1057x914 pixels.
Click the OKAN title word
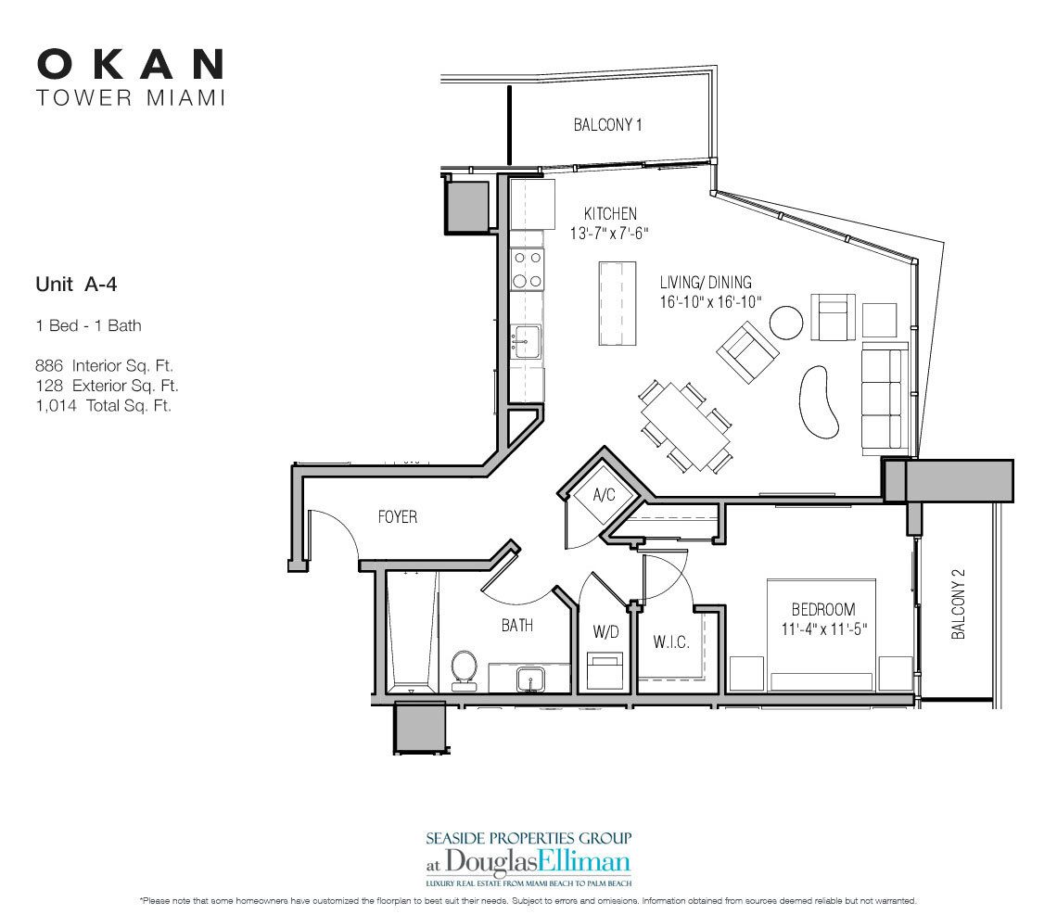131,64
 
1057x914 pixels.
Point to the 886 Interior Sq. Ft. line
104,366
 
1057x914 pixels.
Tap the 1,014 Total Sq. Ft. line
103,405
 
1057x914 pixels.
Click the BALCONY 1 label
607,125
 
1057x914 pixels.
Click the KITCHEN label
609,214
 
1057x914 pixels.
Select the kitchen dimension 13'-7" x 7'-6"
609,235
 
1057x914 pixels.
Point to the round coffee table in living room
786,323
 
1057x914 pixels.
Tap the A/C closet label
604,495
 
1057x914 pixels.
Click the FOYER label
397,516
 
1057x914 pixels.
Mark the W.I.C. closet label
669,641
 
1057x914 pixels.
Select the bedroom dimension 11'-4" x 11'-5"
822,628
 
